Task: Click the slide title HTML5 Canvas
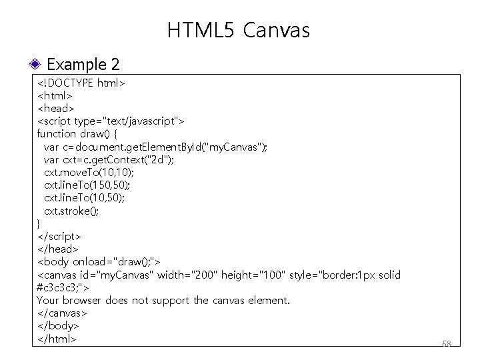pyautogui.click(x=239, y=30)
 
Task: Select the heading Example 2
pyautogui.click(x=83, y=65)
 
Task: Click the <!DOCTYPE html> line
pyautogui.click(x=82, y=83)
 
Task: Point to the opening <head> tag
pyautogui.click(x=55, y=107)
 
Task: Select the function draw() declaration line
pyautogui.click(x=77, y=133)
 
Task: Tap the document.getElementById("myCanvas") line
pyautogui.click(x=155, y=147)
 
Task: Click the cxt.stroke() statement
pyautogui.click(x=71, y=210)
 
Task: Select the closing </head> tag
pyautogui.click(x=58, y=248)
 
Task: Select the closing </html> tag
pyautogui.click(x=57, y=339)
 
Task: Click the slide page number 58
pyautogui.click(x=446, y=344)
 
